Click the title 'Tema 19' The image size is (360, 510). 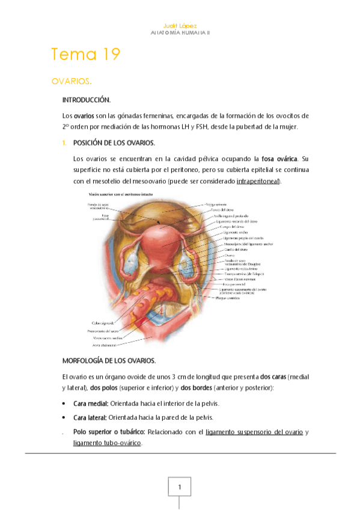pyautogui.click(x=86, y=54)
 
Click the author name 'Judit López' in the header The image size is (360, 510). pyautogui.click(x=180, y=26)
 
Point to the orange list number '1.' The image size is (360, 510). pyautogui.click(x=66, y=143)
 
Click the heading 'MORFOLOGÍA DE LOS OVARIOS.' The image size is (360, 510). pyautogui.click(x=109, y=361)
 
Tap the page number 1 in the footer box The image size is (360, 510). pyautogui.click(x=179, y=486)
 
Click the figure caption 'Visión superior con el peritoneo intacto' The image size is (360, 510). pyautogui.click(x=121, y=195)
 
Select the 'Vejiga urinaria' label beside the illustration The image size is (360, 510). pyautogui.click(x=217, y=204)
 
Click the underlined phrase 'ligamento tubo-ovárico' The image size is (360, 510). pyautogui.click(x=106, y=443)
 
